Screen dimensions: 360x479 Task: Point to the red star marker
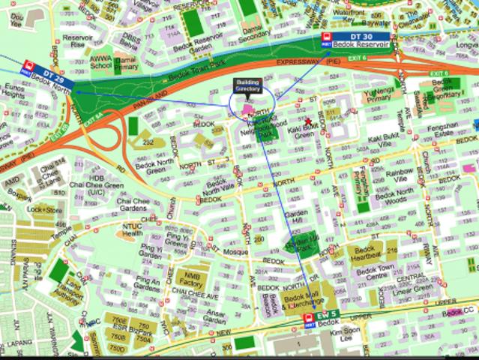coord(308,121)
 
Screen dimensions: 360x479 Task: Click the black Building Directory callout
coord(247,85)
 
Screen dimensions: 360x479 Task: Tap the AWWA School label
coord(99,61)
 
